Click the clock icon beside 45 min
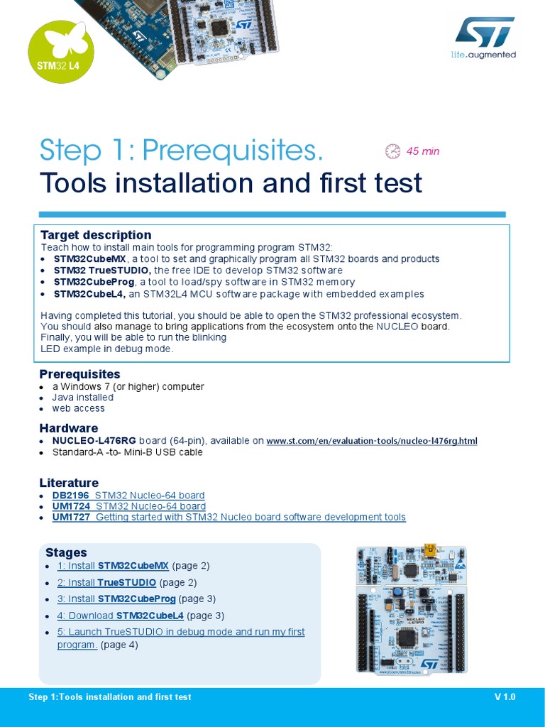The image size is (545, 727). point(392,151)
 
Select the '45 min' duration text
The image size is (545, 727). point(423,151)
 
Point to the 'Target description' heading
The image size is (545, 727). point(96,235)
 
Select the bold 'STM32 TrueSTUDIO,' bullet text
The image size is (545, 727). point(101,270)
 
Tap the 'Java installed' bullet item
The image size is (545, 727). point(82,398)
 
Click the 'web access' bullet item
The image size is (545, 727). point(78,408)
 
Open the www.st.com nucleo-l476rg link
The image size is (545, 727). point(371,442)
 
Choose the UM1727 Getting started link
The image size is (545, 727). point(229,517)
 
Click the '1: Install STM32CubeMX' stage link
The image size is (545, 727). point(113,566)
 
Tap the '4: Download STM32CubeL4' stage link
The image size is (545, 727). point(120,616)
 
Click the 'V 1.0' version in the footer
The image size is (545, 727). point(505,697)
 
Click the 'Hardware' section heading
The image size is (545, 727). point(68,428)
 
